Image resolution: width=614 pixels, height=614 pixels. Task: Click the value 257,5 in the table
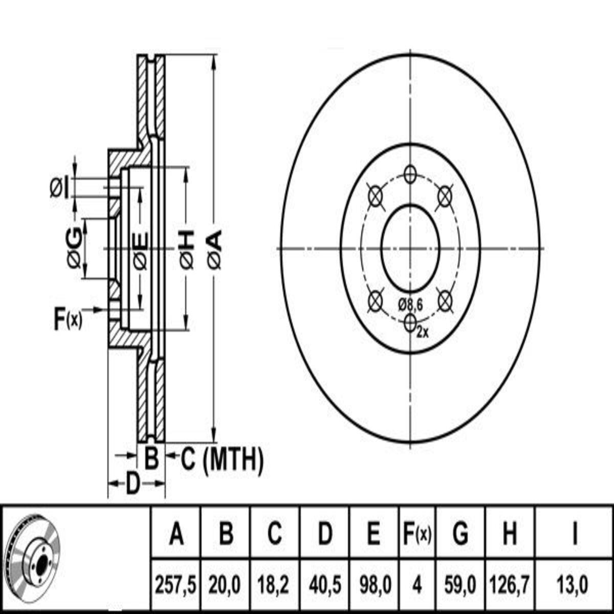tap(176, 585)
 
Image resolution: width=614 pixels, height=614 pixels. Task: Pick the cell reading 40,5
tap(325, 585)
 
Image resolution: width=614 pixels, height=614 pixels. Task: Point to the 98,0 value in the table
tap(374, 585)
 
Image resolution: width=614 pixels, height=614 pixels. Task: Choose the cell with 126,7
tap(509, 585)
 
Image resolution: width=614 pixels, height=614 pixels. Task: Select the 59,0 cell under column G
tap(460, 585)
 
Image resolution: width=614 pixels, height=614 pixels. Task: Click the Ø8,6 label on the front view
tap(410, 305)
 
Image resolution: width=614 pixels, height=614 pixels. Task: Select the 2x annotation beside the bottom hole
tap(423, 333)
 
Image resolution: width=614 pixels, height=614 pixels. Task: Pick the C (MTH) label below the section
tap(223, 460)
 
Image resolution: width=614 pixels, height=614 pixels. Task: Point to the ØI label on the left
tap(59, 188)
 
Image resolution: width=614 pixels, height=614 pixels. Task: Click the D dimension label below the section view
tap(133, 483)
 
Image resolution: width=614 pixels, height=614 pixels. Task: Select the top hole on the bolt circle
tap(410, 174)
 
